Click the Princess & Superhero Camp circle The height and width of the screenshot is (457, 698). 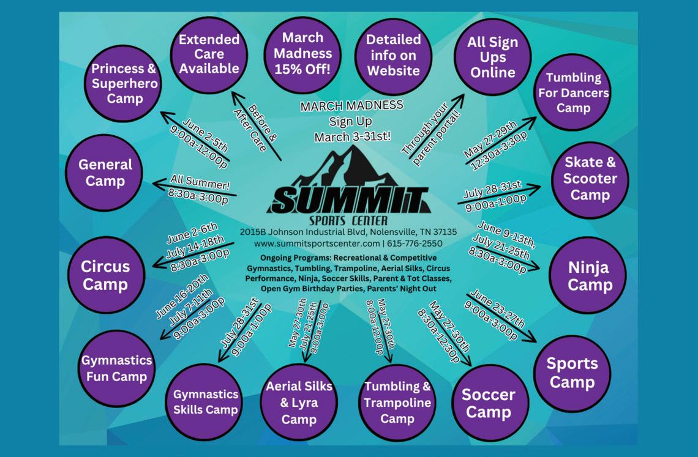124,83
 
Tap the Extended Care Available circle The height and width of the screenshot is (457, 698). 209,54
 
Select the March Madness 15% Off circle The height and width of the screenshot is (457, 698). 302,54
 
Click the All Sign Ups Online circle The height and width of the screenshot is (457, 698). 492,57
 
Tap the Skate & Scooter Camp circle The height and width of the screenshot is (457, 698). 590,179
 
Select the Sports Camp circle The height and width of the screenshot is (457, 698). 572,373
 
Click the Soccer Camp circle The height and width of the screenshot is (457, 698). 488,403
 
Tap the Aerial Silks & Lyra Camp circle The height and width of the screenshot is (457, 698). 299,402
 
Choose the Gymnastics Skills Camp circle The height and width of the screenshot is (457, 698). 205,402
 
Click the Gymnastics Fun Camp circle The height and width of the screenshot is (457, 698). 116,368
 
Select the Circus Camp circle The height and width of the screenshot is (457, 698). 106,275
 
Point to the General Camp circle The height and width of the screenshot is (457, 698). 105,173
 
